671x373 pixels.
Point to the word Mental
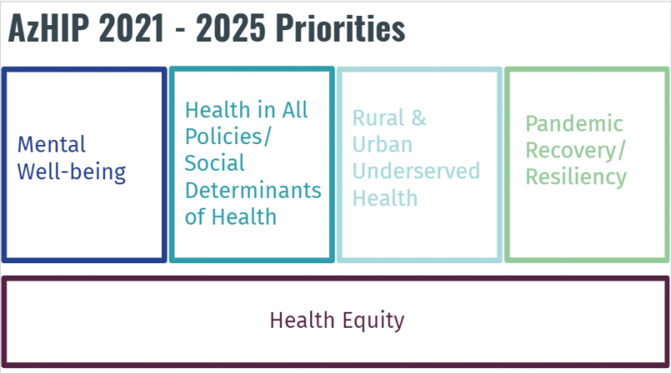coord(52,145)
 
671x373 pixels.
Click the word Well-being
coord(72,173)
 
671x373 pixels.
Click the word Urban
coord(382,145)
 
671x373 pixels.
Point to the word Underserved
coord(416,172)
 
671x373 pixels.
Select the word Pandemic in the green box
coord(575,124)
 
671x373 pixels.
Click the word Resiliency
coord(576,177)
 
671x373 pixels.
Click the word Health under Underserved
coord(385,198)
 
